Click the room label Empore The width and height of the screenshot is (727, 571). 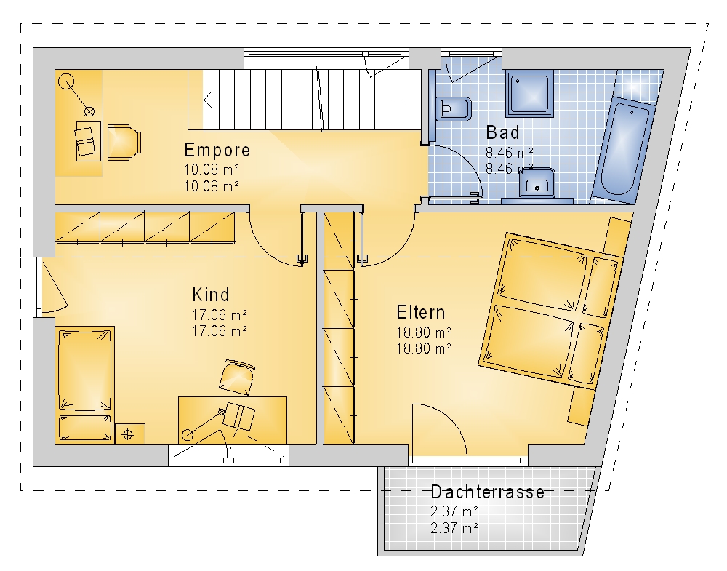tap(217, 151)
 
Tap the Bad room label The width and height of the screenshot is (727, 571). tap(502, 132)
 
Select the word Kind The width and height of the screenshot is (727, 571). tap(211, 295)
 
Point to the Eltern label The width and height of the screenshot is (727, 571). tap(420, 313)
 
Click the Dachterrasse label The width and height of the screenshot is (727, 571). tap(487, 492)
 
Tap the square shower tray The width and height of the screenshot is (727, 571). tap(530, 94)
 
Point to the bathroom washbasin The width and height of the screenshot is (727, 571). tap(537, 184)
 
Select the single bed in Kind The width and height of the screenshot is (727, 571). tap(84, 385)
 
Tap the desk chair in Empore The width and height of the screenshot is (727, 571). tap(124, 142)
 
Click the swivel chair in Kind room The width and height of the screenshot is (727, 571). tap(237, 377)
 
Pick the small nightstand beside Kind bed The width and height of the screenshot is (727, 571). tap(130, 434)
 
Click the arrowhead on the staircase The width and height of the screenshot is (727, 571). tap(208, 99)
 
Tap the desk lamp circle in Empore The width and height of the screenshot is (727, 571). tap(66, 81)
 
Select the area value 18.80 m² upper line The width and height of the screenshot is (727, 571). tap(424, 332)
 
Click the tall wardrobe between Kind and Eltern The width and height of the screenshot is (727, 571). tap(339, 327)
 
